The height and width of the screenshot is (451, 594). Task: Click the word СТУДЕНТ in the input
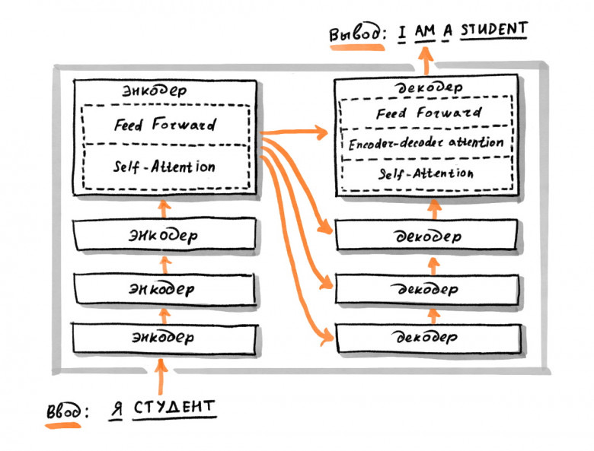click(174, 408)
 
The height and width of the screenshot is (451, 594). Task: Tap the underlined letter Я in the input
click(116, 409)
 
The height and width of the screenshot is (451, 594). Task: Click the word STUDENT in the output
click(493, 30)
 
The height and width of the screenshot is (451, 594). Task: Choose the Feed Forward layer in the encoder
click(164, 125)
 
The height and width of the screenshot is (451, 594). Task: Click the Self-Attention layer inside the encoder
click(164, 167)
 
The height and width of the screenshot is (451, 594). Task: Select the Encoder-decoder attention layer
click(426, 142)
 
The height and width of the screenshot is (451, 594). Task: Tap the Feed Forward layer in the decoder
click(429, 113)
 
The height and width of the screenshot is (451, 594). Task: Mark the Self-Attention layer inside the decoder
click(426, 173)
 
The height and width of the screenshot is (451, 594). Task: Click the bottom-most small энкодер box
click(161, 337)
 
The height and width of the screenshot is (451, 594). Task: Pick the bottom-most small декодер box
click(428, 335)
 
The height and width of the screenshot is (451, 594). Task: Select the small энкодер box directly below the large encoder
click(161, 235)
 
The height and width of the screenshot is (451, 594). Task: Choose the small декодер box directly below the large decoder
click(428, 236)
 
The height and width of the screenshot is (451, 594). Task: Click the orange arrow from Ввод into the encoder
click(161, 376)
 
